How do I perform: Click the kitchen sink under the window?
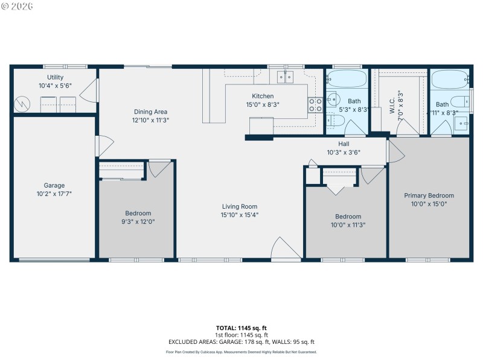286,77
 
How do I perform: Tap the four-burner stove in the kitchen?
316,105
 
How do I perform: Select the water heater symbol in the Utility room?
22,104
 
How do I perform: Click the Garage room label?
54,185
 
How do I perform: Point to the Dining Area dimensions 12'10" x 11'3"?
150,120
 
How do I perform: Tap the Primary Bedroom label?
429,195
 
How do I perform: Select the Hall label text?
344,144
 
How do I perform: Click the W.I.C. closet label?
392,106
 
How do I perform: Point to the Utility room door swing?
90,91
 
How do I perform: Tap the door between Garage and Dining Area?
104,147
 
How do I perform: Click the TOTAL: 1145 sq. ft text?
241,328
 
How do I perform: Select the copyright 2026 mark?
18,6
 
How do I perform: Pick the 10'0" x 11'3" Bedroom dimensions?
348,224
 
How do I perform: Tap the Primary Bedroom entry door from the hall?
394,151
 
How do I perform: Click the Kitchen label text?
263,96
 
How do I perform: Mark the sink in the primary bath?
461,123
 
